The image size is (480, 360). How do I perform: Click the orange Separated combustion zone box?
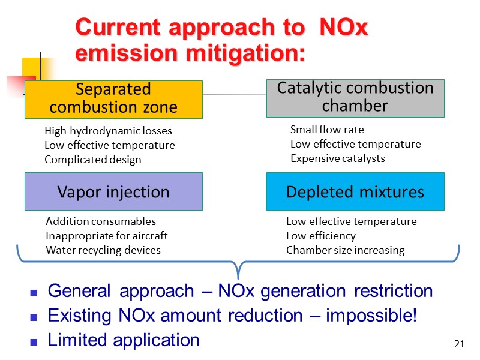coord(113,99)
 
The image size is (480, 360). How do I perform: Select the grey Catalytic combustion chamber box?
coord(355,97)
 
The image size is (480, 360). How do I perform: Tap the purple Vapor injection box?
coord(113,192)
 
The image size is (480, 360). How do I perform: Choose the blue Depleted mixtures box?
coord(355,192)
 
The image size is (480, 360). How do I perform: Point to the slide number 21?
coord(460,344)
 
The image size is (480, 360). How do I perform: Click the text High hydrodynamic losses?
coord(108,131)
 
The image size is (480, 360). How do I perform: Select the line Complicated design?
coord(93,160)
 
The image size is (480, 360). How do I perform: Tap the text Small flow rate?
coord(327,130)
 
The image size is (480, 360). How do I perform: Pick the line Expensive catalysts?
coord(338,158)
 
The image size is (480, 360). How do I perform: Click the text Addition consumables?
coord(101,221)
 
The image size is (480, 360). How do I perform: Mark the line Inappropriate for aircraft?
coord(107,236)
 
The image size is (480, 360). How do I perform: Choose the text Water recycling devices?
coord(103,250)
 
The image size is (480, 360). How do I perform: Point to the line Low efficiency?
coord(321,236)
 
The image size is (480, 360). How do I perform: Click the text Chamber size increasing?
coord(346,250)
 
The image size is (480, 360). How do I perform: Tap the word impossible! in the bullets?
coord(371,316)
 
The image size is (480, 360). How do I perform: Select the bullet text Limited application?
coord(124,340)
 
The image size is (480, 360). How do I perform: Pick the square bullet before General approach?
coord(34,293)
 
